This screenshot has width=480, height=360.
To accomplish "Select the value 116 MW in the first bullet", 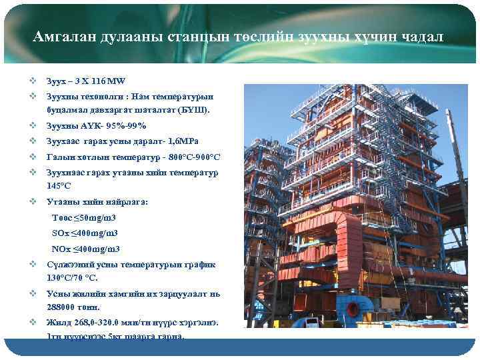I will pos(107,81).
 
